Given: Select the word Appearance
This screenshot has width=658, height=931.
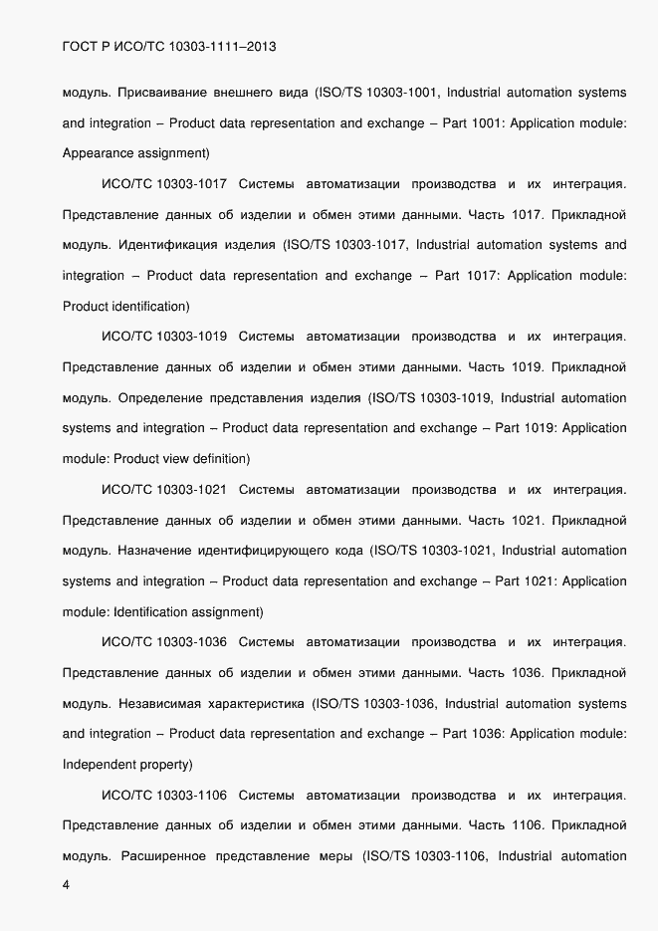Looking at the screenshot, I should click(x=101, y=153).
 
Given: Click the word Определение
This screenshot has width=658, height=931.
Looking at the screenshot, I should click(x=160, y=398).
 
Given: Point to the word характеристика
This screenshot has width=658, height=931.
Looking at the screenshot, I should click(x=253, y=704).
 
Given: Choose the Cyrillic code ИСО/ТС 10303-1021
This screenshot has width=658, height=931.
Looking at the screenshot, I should click(x=165, y=490).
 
